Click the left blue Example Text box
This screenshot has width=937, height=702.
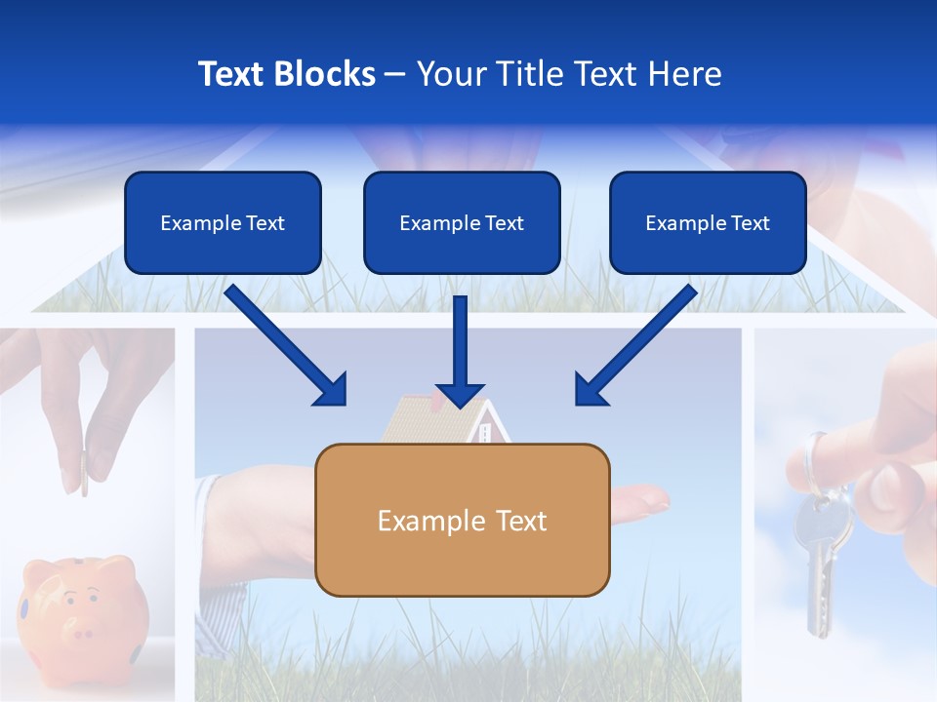pos(223,222)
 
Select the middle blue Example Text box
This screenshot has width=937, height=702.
pos(462,222)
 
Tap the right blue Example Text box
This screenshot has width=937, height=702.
pos(708,222)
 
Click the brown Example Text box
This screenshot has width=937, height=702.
pos(463,520)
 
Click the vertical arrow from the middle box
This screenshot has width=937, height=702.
pos(460,352)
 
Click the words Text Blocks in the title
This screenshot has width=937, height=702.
pos(286,74)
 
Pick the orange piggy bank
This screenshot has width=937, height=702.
pos(84,609)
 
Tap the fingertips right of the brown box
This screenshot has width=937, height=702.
pos(644,499)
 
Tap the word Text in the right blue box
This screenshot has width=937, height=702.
pos(750,222)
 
